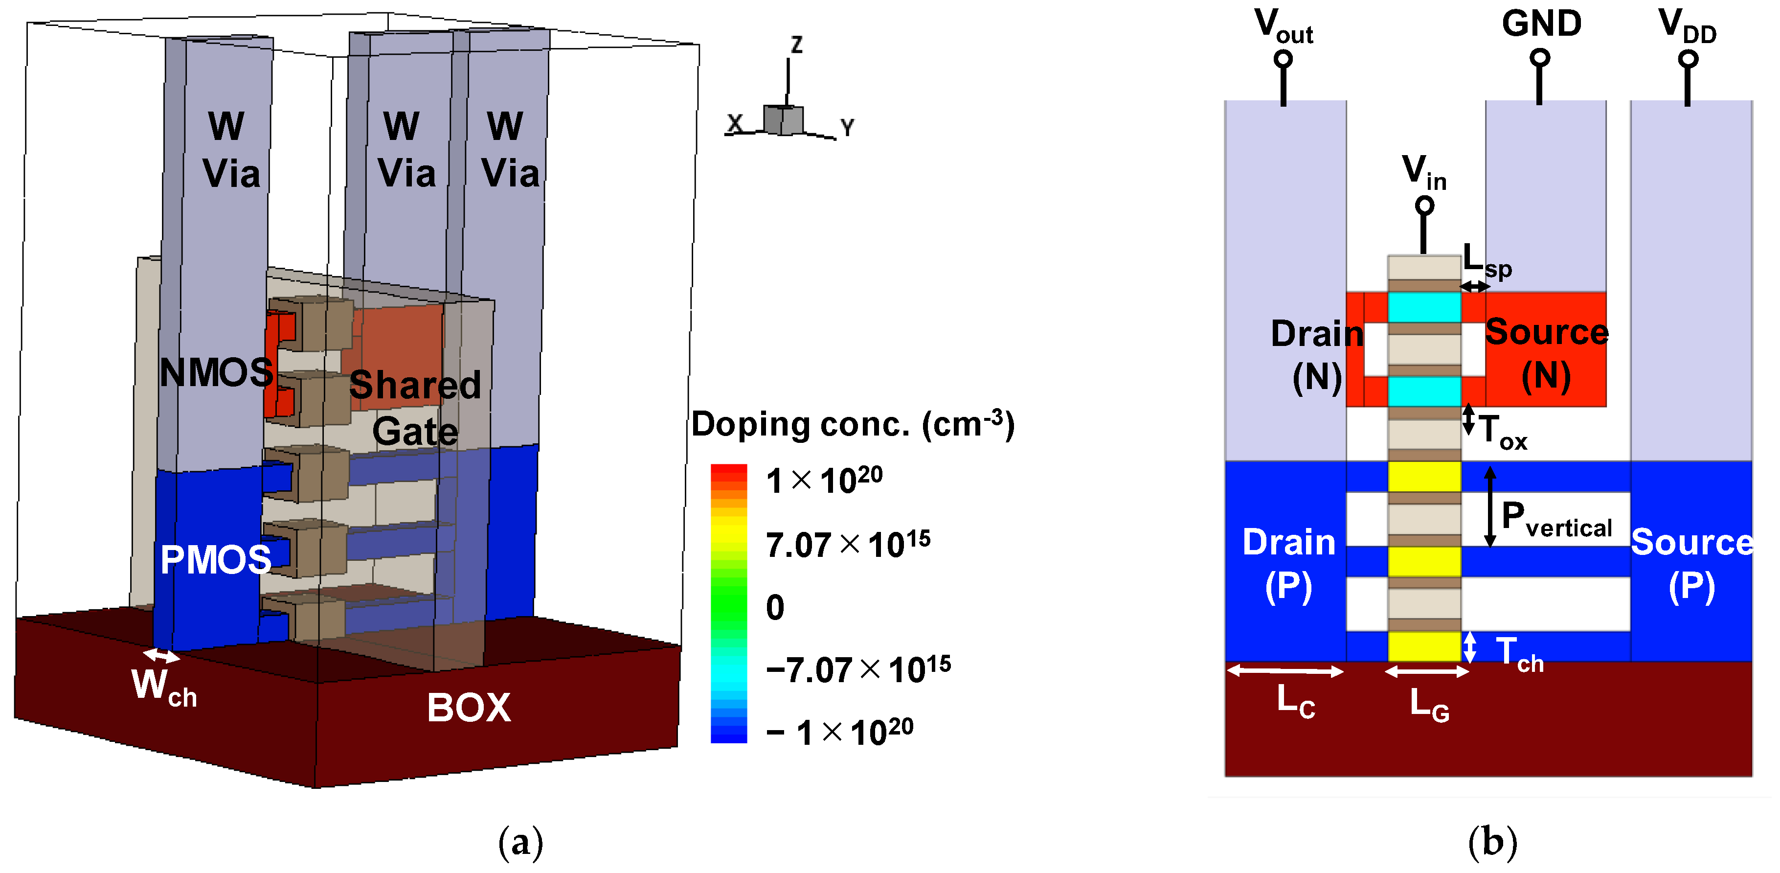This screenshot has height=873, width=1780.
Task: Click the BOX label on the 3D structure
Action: click(469, 708)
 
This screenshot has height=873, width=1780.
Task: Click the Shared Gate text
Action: click(415, 408)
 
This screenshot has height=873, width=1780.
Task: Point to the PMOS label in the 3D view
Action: click(216, 559)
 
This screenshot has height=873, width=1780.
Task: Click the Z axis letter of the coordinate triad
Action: click(797, 45)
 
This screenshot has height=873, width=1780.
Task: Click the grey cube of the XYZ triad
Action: click(784, 120)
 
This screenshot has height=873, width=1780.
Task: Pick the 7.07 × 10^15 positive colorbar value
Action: click(848, 545)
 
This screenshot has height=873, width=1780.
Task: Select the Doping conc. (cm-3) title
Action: click(853, 424)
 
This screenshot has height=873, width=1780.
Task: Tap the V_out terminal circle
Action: click(1283, 59)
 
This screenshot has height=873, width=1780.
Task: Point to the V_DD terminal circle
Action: click(1688, 59)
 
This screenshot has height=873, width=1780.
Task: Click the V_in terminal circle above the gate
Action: click(1424, 206)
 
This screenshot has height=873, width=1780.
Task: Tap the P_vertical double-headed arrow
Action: click(1490, 506)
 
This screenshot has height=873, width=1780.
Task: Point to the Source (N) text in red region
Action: click(1547, 354)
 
